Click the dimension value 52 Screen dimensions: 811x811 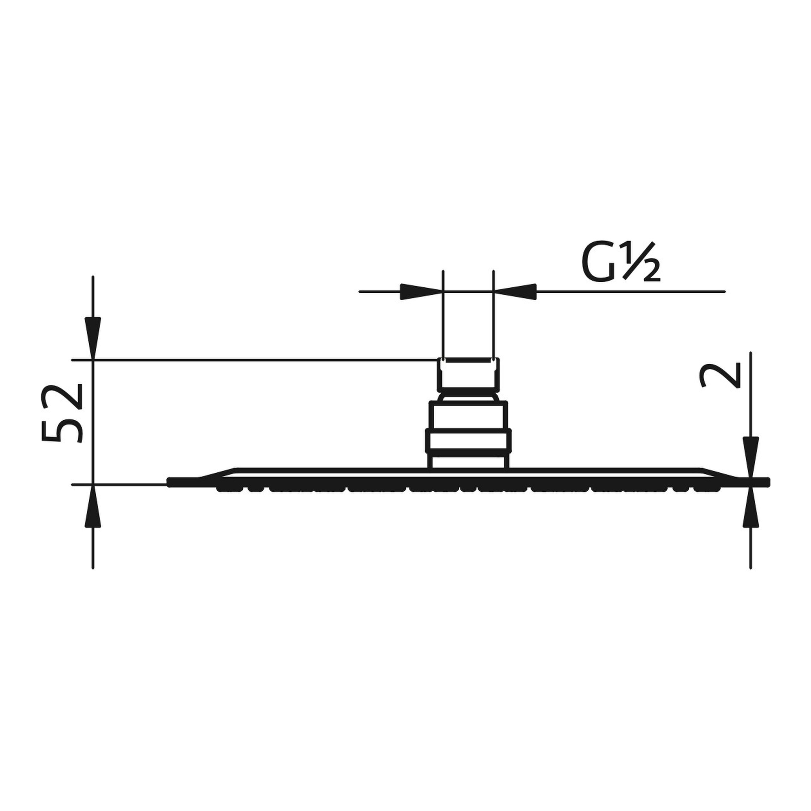click(62, 413)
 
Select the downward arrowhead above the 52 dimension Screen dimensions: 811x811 click(93, 330)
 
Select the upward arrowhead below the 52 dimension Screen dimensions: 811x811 click(93, 513)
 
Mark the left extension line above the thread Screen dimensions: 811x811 click(443, 315)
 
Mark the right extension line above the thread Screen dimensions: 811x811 click(493, 315)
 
